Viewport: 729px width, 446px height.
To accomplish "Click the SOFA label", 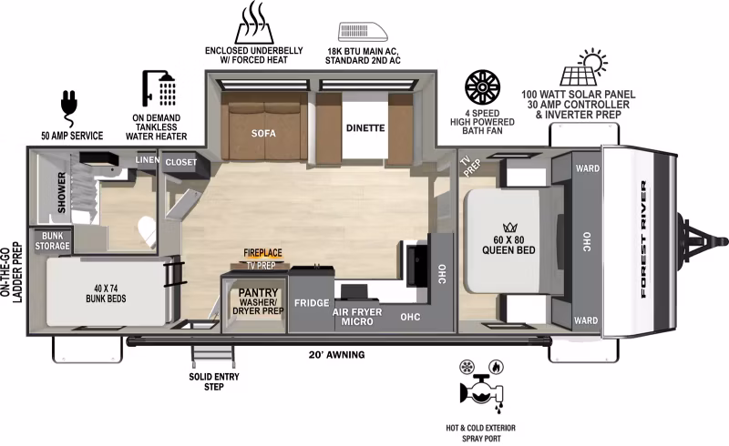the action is tap(263, 133).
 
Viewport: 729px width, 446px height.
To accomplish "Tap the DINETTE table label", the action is tap(365, 127).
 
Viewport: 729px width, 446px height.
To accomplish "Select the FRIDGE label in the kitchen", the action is tap(312, 303).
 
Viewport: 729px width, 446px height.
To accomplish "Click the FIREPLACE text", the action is tap(262, 253).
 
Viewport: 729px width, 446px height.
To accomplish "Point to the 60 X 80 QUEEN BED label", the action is tap(508, 245).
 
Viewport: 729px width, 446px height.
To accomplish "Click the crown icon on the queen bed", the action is tap(510, 228).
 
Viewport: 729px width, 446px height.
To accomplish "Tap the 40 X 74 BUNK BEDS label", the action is tap(106, 294).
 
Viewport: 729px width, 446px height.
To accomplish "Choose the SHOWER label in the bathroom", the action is tap(62, 193).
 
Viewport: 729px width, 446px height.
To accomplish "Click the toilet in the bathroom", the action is tap(148, 230).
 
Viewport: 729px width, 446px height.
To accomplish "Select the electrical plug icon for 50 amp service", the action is tap(69, 107).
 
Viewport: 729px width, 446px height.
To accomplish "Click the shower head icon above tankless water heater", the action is tap(159, 88).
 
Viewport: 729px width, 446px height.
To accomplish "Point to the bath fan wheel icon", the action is tap(483, 86).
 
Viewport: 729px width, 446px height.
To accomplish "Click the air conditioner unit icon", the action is tap(363, 32).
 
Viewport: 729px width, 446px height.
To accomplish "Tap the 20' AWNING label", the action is tap(336, 355).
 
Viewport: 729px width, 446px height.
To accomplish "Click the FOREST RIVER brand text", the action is tap(644, 239).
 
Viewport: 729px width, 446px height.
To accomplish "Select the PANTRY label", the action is tap(258, 293).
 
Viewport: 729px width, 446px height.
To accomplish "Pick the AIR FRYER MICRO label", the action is tap(357, 317).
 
